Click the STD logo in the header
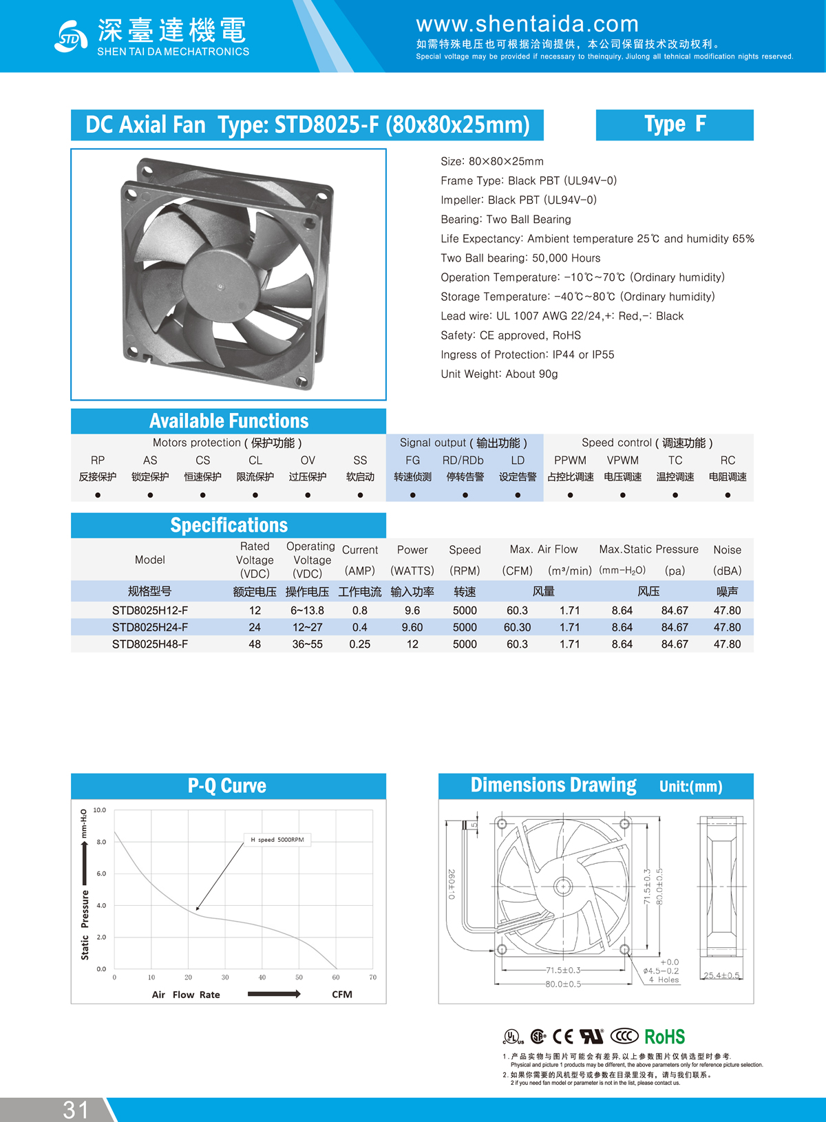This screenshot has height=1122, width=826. (70, 36)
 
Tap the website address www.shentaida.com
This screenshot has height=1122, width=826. (527, 25)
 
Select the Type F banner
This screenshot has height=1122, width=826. (675, 125)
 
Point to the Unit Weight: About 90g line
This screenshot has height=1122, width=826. (499, 374)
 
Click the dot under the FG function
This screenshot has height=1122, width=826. (412, 495)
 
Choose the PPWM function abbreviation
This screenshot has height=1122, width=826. (570, 461)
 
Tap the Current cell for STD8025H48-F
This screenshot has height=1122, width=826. (359, 644)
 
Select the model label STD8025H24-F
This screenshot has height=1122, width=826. (150, 627)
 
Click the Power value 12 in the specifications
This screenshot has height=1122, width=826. (412, 644)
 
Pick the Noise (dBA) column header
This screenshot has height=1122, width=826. (727, 560)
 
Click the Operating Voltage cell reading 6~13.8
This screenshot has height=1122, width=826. (307, 611)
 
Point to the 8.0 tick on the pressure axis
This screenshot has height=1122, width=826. (101, 842)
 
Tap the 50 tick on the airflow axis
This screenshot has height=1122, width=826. (299, 977)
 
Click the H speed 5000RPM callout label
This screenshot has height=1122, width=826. (277, 840)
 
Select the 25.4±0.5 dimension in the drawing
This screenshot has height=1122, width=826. (721, 975)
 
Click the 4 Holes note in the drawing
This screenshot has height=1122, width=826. (664, 980)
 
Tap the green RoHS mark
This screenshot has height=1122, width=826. (664, 1037)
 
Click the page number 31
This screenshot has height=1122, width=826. (76, 1110)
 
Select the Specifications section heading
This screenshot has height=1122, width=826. (229, 525)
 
